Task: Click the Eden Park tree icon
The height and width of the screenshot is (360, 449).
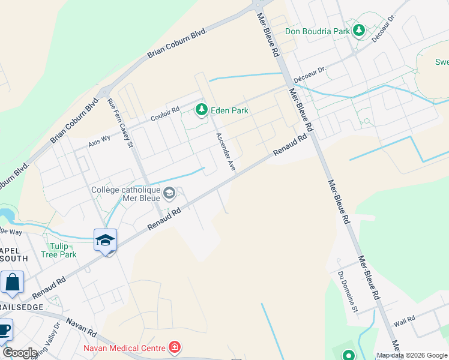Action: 202,110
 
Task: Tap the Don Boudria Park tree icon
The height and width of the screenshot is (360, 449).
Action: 359,29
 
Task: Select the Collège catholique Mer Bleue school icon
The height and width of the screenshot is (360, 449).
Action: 170,193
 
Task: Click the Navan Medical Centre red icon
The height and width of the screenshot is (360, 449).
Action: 174,347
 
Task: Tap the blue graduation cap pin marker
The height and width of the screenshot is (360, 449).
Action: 105,241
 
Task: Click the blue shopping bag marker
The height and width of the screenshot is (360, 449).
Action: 12,283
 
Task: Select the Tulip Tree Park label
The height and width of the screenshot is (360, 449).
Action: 59,250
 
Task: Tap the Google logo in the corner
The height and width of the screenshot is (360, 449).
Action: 19,353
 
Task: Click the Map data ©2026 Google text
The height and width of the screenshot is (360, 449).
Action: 412,355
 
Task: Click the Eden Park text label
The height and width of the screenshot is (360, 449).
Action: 229,110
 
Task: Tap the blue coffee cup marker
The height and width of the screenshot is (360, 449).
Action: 4,329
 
